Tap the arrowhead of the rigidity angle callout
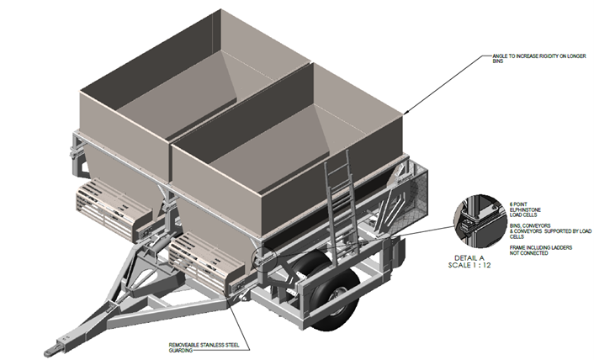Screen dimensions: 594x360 [x=406, y=112]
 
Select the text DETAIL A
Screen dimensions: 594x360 [x=469, y=258]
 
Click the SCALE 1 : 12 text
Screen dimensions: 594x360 [x=469, y=265]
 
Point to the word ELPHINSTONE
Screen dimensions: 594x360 [x=525, y=209]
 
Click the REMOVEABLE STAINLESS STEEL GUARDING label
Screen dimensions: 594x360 [x=204, y=347]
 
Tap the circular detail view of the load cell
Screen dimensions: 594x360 [x=480, y=221]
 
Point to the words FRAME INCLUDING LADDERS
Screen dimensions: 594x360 [x=541, y=247]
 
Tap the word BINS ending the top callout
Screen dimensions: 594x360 [x=498, y=61]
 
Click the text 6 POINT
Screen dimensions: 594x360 [x=518, y=204]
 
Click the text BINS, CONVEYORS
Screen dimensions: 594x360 [x=530, y=225]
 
